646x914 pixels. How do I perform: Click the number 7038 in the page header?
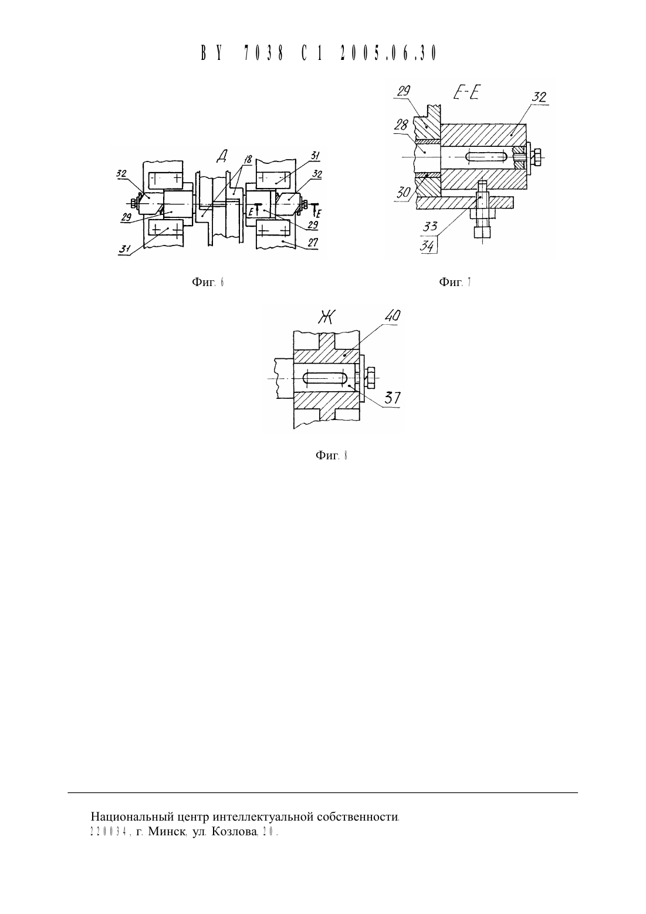click(263, 53)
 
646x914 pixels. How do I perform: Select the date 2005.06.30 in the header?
click(388, 53)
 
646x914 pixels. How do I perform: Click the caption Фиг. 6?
click(208, 283)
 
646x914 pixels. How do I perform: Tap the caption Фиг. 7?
click(455, 282)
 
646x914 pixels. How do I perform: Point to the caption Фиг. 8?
click(332, 455)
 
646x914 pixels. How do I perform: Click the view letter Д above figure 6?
click(222, 156)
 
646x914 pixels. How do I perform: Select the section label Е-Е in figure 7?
click(466, 93)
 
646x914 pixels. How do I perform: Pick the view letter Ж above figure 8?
click(327, 317)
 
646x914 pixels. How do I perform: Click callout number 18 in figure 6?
click(248, 159)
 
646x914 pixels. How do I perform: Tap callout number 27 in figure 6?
click(313, 243)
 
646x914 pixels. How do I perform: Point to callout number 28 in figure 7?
click(401, 125)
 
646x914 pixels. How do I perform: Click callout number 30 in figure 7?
click(403, 192)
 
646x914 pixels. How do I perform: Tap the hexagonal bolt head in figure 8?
click(370, 378)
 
